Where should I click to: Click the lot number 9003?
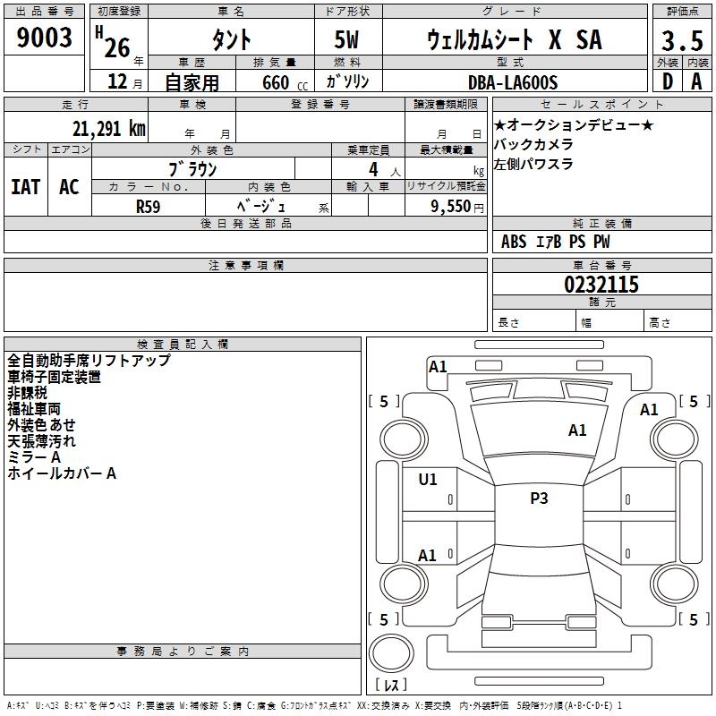(x=45, y=38)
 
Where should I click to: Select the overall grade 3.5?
(x=682, y=41)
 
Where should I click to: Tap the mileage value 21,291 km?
(x=108, y=129)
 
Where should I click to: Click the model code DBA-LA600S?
(x=514, y=82)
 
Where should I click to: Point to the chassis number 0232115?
(x=601, y=285)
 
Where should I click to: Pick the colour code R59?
(x=149, y=206)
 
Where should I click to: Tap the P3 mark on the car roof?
(x=539, y=499)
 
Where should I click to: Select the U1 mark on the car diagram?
(x=428, y=480)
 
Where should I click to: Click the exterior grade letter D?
(x=667, y=81)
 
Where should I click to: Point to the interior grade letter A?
(x=696, y=81)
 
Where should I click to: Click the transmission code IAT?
(x=26, y=187)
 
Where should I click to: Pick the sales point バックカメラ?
(x=533, y=145)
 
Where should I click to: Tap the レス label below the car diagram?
(x=391, y=685)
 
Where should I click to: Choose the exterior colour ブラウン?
(x=193, y=168)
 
